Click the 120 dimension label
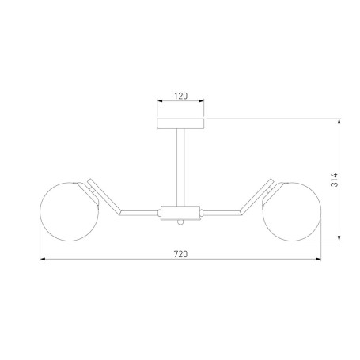180,96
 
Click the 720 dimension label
180,254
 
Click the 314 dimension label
334,180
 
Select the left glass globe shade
70,211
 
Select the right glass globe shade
291,211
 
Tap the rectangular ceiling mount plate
180,123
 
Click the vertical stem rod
180,168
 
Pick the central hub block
180,213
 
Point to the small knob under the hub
180,222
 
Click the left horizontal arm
138,213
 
